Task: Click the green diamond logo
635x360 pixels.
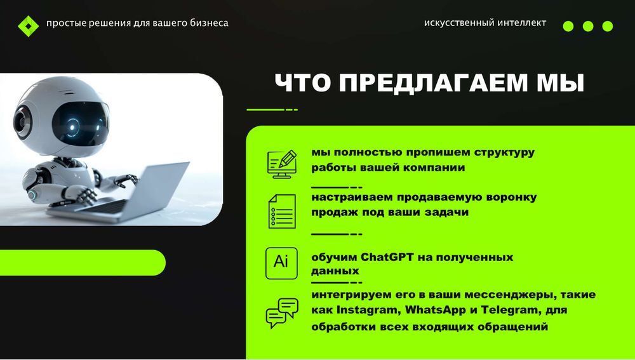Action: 28,25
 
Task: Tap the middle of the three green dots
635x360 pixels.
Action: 588,26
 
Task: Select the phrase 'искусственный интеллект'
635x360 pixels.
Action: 485,23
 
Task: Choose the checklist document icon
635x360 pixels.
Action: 281,211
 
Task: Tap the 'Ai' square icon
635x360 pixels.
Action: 281,263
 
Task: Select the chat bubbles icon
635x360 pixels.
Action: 281,312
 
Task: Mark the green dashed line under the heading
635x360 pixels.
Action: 272,110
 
